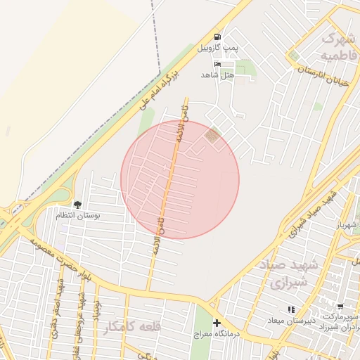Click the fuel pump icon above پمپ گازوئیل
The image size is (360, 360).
point(217,37)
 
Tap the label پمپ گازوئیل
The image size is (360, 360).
point(218,48)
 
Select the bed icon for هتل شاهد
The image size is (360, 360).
point(217,65)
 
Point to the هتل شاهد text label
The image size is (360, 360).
point(217,75)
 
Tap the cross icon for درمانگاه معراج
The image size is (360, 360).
point(217,323)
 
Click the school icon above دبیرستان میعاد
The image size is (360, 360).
point(290,309)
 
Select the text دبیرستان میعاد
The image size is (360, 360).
point(290,321)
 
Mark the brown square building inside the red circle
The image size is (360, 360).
point(212,135)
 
